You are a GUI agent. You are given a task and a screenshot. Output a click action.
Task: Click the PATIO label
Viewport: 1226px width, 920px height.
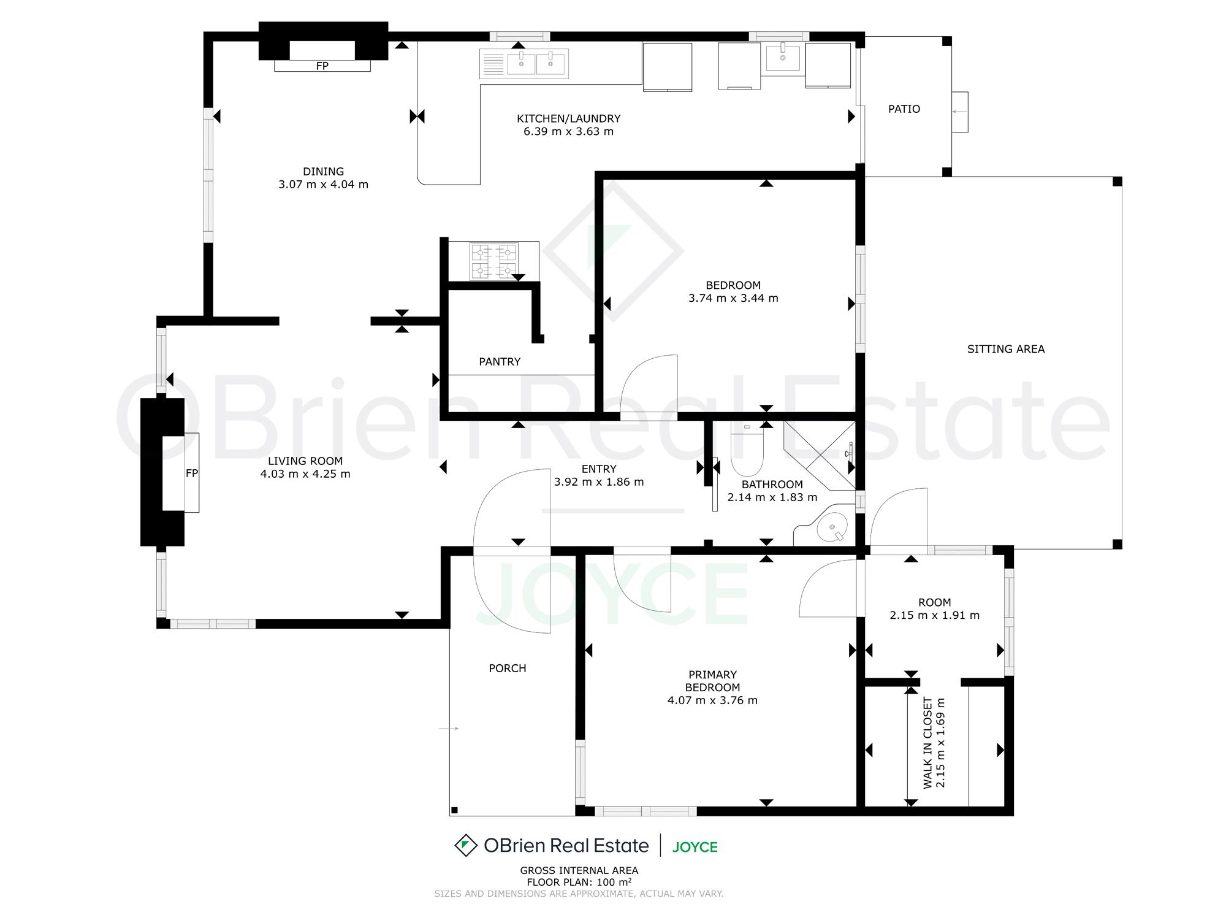click(904, 109)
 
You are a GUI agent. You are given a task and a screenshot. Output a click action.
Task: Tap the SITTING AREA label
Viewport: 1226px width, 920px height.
click(1006, 349)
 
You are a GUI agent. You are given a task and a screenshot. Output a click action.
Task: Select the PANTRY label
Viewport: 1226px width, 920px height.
click(500, 362)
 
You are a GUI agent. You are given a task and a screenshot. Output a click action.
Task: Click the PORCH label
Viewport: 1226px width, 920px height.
click(508, 669)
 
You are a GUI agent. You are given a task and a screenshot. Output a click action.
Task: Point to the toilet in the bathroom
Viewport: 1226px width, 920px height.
click(747, 450)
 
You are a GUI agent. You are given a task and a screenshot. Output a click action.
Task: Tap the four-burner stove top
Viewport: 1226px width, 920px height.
click(493, 261)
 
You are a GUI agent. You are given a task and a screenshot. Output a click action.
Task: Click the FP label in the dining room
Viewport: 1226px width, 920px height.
click(322, 66)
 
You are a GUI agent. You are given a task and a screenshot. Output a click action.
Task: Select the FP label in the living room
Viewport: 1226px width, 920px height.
click(192, 473)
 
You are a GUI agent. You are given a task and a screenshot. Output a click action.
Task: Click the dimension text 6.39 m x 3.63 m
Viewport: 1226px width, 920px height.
click(568, 131)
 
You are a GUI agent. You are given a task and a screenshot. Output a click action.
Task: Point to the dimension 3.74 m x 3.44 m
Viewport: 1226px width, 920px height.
click(733, 298)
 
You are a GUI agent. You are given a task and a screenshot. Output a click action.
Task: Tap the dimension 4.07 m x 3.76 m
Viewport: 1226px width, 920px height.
click(712, 700)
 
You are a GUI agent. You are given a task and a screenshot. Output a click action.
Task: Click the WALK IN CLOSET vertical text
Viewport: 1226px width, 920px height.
click(927, 743)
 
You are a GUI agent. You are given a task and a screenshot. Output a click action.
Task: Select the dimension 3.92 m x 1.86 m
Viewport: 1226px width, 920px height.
click(599, 482)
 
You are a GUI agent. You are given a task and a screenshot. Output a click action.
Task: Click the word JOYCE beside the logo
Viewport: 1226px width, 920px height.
click(695, 847)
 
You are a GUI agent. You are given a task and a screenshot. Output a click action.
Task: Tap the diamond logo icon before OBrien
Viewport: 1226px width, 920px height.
click(466, 845)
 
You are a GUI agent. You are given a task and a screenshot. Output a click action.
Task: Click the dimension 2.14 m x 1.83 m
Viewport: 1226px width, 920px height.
click(772, 497)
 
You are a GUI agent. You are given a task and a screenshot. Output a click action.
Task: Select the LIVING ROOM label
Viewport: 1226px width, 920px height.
click(305, 461)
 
